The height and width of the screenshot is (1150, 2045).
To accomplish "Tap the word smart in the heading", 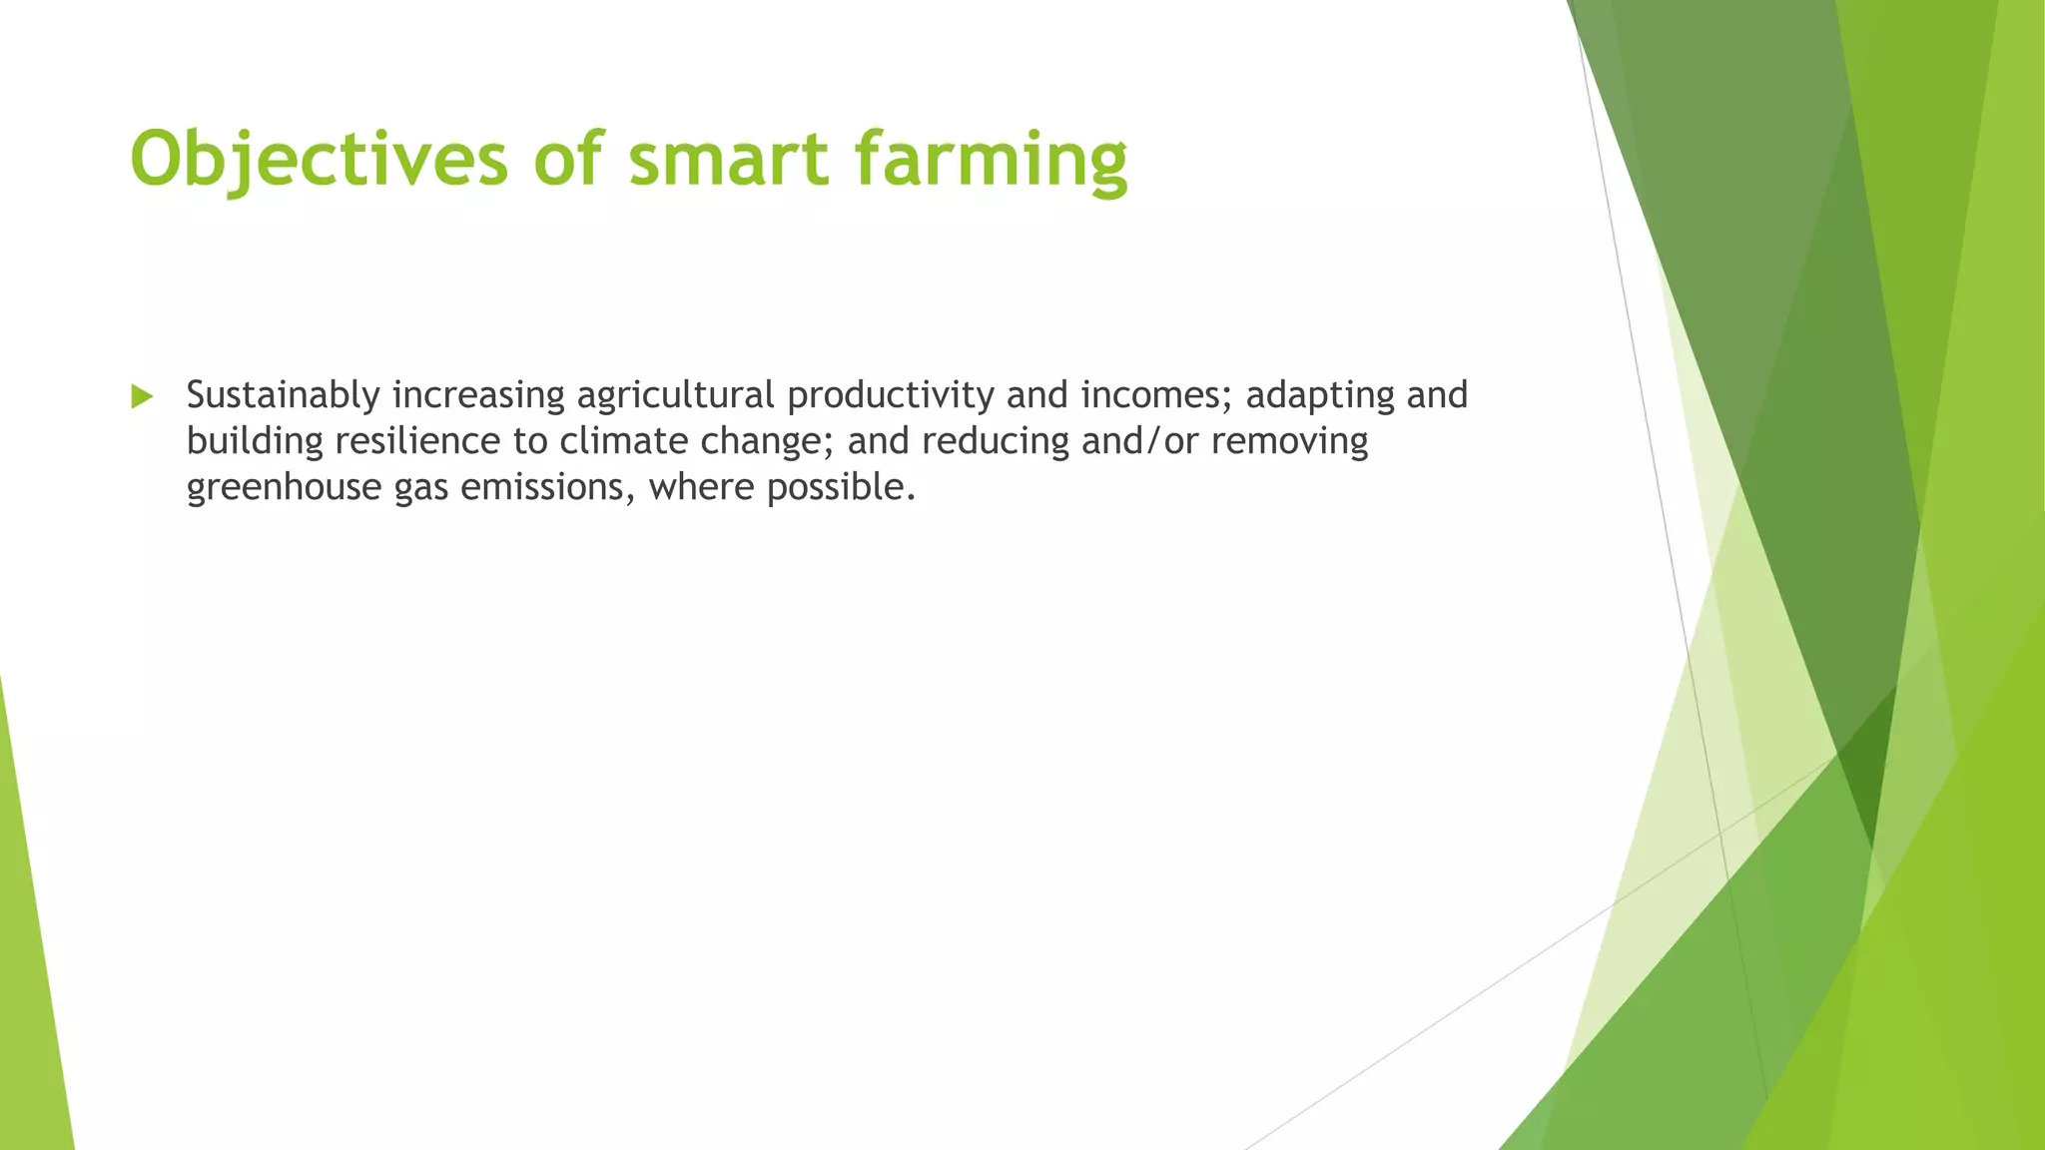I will pos(728,158).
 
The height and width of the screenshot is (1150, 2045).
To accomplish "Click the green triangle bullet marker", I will pos(142,396).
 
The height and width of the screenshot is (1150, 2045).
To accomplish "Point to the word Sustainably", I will pos(283,395).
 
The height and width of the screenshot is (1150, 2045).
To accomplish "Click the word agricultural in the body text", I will pos(675,395).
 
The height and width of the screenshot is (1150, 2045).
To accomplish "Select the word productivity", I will pos(891,395).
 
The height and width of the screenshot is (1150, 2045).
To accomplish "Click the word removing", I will pos(1289,441).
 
